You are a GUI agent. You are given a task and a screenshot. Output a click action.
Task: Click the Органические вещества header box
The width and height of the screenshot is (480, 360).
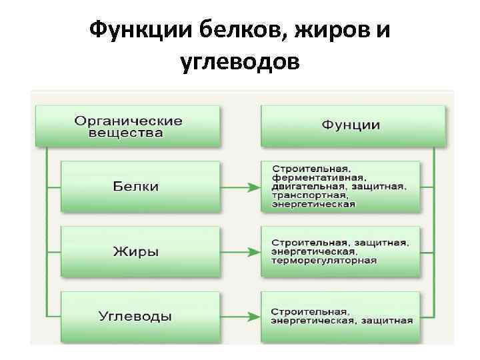pos(128,127)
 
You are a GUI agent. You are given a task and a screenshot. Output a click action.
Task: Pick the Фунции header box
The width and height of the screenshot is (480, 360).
pos(351,125)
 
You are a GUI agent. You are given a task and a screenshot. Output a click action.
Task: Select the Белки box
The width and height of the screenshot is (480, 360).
pos(139,187)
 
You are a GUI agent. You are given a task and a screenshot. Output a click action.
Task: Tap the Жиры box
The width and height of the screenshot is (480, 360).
pos(139,252)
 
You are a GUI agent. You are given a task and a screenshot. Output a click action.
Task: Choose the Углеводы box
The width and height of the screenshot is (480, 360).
pos(139,315)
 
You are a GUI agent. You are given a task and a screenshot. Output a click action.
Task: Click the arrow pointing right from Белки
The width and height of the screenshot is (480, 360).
pos(240,187)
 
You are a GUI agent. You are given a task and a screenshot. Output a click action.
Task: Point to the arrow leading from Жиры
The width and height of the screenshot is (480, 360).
pos(240,253)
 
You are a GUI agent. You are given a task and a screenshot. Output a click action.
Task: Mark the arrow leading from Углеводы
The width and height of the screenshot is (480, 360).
pos(240,315)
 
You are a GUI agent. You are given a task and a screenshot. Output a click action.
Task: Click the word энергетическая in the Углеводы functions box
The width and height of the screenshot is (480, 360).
pos(310,321)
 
